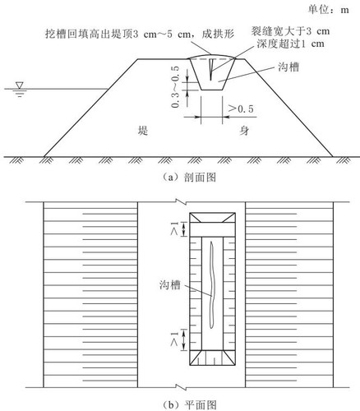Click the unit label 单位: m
(329, 10)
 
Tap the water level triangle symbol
(20, 85)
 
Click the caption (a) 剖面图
(189, 178)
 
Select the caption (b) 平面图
(190, 405)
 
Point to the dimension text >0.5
(241, 109)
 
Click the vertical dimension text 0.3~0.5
(175, 86)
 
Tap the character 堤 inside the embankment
(143, 131)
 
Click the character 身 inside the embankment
(244, 131)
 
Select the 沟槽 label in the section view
(288, 67)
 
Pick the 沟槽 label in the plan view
(170, 285)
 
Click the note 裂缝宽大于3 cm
(290, 31)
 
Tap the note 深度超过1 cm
(290, 44)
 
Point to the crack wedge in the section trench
(210, 70)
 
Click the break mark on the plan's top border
(182, 202)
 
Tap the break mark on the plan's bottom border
(182, 387)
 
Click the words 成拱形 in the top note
(218, 35)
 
